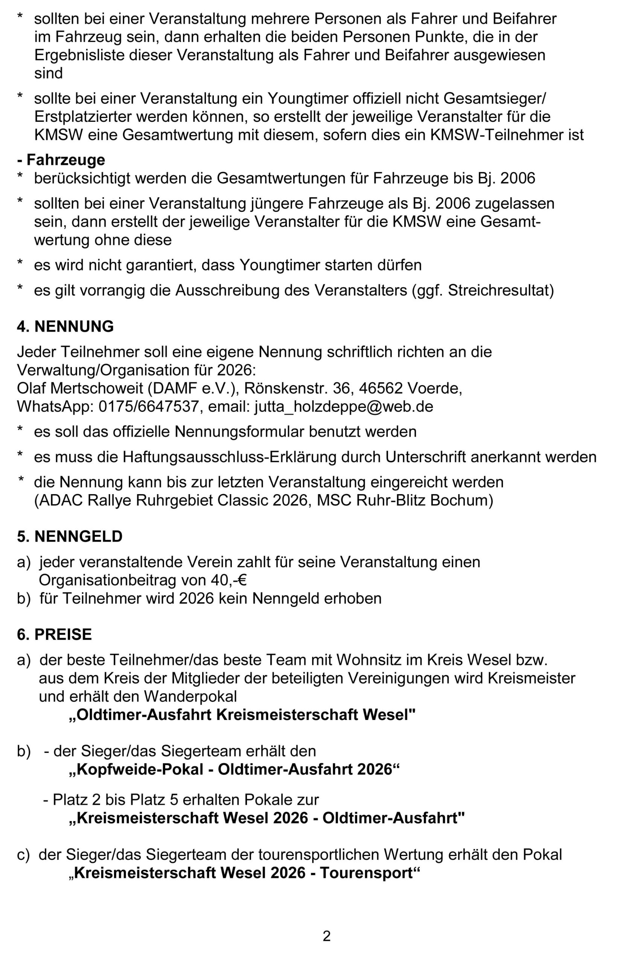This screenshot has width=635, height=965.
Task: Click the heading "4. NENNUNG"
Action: [65, 326]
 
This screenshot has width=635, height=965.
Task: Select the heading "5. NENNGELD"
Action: [70, 536]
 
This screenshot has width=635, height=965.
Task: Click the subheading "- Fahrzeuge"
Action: [61, 160]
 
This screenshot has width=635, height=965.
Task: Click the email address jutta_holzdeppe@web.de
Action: [344, 406]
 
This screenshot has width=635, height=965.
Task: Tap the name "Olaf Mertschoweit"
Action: [80, 388]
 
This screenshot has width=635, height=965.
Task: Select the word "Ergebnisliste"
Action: [79, 55]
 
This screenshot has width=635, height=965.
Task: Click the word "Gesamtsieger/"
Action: [495, 98]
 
